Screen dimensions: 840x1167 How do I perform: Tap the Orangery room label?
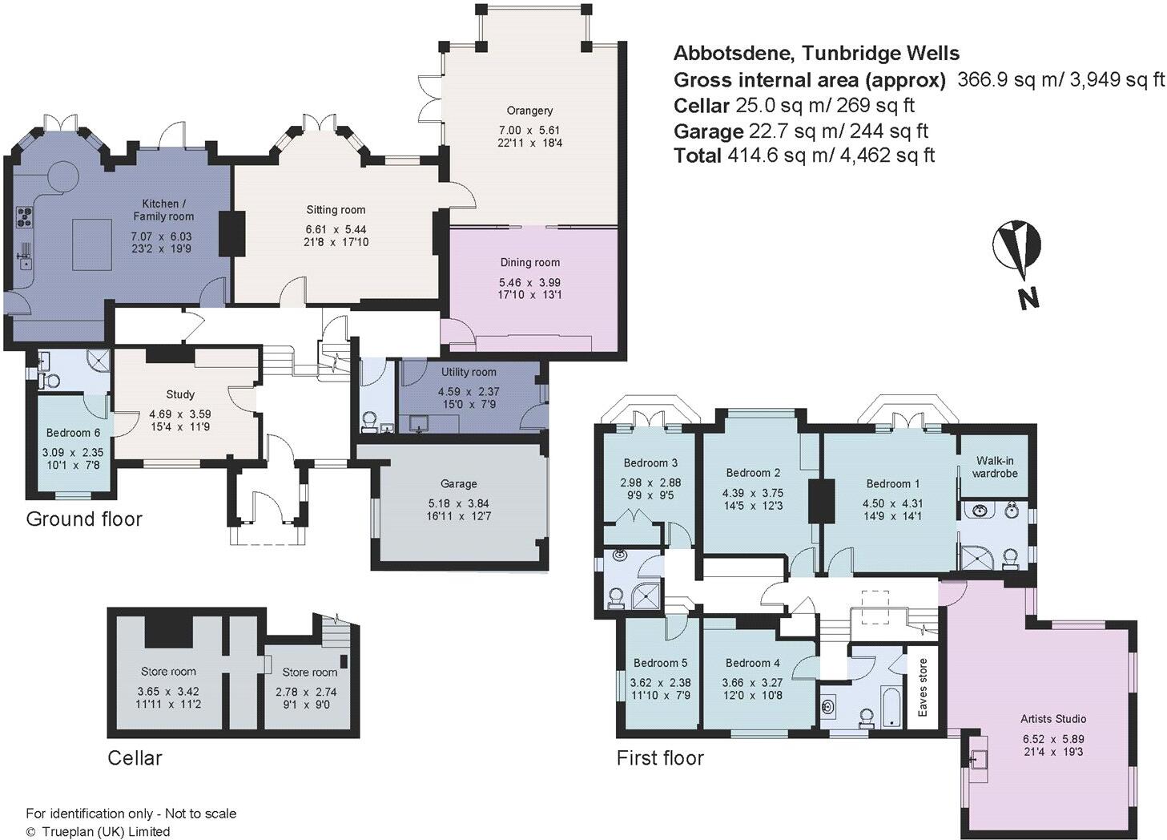529,111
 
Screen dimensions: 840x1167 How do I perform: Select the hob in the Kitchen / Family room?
25,216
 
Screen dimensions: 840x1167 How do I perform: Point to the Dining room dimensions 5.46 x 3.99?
529,282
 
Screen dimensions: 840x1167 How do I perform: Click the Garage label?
458,483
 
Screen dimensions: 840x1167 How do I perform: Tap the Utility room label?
468,372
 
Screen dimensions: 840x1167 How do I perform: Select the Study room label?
180,394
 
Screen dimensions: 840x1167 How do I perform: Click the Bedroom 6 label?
73,432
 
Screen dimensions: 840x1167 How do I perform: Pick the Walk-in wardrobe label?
995,466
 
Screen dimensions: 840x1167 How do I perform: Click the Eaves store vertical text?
922,688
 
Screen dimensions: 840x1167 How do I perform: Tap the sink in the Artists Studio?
978,757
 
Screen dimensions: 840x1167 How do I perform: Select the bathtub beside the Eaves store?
888,705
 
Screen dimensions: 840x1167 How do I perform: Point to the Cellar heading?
135,757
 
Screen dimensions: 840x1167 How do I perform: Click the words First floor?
660,757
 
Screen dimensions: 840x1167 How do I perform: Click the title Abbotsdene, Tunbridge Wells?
816,54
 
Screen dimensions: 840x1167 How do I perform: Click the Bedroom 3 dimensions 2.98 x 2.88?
650,483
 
